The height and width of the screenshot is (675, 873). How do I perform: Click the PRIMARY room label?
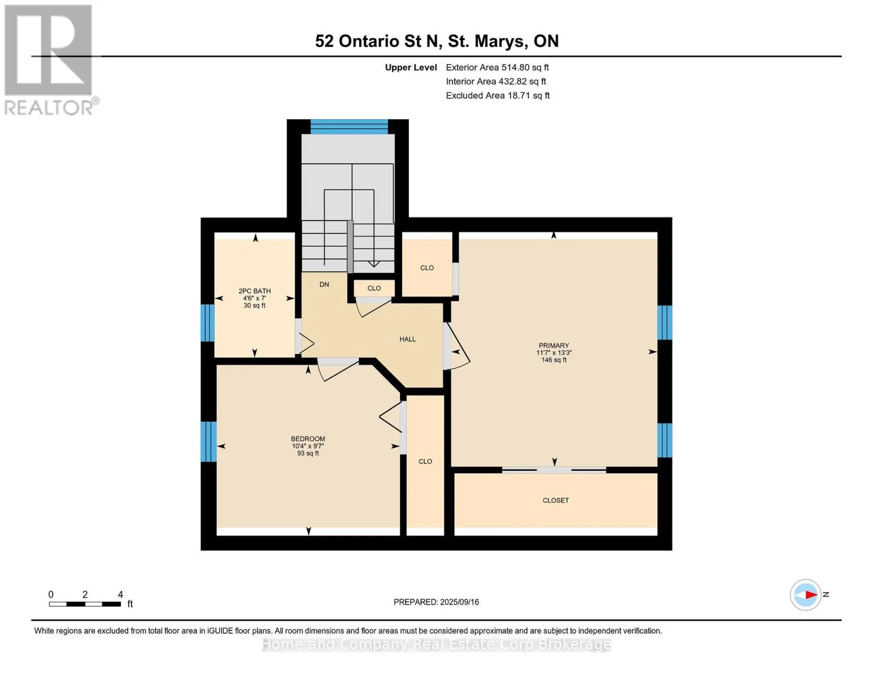[553, 345]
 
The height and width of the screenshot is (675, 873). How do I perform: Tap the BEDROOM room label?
[307, 439]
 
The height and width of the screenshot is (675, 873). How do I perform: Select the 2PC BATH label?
[254, 291]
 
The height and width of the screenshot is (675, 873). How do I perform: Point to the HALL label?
[408, 339]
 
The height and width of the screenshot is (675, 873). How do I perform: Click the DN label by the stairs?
[324, 284]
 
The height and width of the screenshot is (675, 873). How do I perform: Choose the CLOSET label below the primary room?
[555, 500]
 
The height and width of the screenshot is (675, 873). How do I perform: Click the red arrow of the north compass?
[811, 594]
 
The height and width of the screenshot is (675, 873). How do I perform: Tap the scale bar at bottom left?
[85, 604]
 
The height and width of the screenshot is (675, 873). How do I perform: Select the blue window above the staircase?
[349, 126]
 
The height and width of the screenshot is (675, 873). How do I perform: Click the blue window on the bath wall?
[207, 323]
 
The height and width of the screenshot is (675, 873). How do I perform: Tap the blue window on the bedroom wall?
[208, 441]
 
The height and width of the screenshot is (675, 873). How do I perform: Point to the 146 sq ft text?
[554, 360]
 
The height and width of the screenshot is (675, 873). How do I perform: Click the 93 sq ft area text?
[307, 453]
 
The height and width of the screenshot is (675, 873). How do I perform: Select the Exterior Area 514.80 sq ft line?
[497, 67]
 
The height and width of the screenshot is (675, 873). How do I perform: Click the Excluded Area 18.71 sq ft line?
[497, 95]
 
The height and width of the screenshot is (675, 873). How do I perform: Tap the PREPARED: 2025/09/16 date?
[436, 602]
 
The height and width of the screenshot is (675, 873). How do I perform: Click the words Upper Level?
[410, 67]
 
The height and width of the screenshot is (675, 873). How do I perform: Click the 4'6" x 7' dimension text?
[254, 298]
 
